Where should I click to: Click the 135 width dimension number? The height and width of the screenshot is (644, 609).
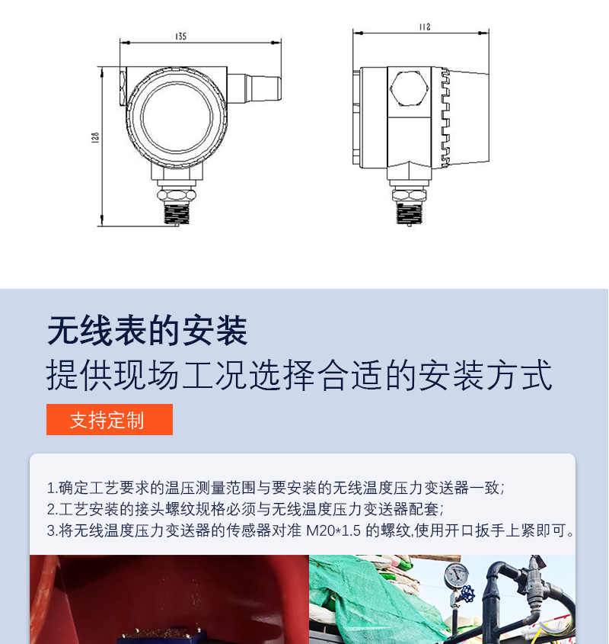coord(180,37)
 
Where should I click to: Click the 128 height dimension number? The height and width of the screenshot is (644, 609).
coord(95,137)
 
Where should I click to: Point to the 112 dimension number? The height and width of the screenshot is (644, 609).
coord(425,27)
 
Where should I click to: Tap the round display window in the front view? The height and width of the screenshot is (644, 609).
coord(177,117)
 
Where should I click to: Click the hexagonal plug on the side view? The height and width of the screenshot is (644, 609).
coord(409,88)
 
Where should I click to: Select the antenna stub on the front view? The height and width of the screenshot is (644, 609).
coord(254,88)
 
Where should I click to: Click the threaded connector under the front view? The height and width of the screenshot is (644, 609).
coord(177,213)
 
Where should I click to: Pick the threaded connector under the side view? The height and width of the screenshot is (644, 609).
coord(409,213)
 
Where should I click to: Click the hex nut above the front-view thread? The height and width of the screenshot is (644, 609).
coord(177,194)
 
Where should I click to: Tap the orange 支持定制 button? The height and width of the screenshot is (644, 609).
coord(110,419)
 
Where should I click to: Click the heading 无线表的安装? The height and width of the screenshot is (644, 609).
coord(148,331)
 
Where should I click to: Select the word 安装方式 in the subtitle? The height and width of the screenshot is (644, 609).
coord(486,374)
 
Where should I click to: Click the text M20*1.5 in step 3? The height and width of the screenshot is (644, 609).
coord(333,530)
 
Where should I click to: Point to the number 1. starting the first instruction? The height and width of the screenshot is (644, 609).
coord(53,488)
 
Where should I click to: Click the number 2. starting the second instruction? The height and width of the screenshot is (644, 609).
coord(53,509)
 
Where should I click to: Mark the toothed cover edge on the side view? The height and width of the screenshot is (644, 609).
coord(445,117)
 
